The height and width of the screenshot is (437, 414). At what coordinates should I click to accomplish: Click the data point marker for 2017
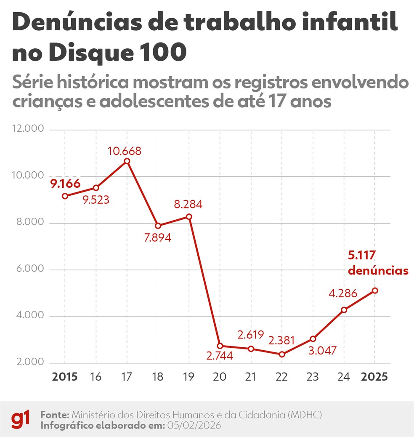pyautogui.click(x=127, y=161)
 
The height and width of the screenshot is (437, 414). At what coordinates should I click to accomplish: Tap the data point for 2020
pyautogui.click(x=220, y=346)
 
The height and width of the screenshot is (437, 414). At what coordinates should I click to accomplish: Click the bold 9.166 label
pyautogui.click(x=65, y=184)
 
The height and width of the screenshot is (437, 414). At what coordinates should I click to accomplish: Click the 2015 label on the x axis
pyautogui.click(x=65, y=376)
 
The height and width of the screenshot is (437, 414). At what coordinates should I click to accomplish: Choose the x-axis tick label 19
pyautogui.click(x=189, y=376)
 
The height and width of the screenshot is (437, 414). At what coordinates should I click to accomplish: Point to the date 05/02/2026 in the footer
pyautogui.click(x=194, y=425)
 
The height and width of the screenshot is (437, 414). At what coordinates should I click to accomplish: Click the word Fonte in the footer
pyautogui.click(x=55, y=415)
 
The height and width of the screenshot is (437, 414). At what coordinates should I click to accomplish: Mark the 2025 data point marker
pyautogui.click(x=375, y=290)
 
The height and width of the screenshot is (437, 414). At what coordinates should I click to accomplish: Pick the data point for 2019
pyautogui.click(x=189, y=217)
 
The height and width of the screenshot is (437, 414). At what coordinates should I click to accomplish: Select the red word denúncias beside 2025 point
pyautogui.click(x=378, y=271)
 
